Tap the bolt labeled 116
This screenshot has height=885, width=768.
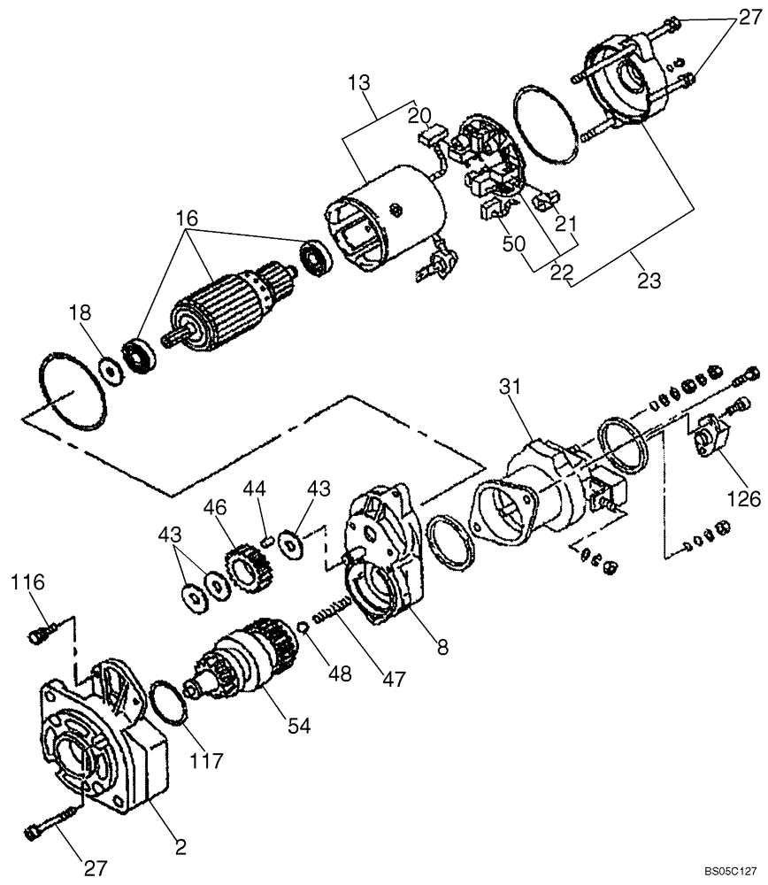pyautogui.click(x=39, y=633)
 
